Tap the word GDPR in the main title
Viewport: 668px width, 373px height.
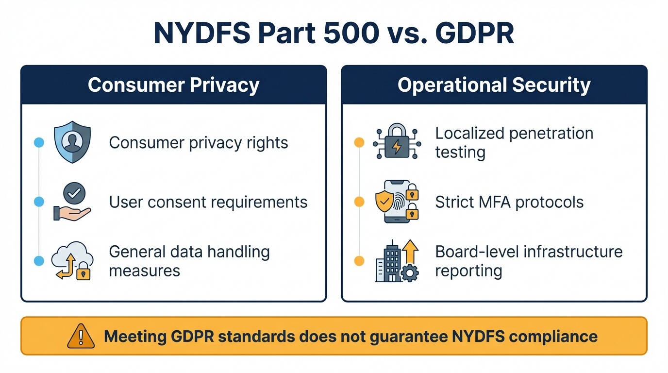coord(474,33)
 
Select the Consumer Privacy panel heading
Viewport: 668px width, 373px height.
coord(173,85)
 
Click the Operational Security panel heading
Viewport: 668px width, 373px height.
coord(494,85)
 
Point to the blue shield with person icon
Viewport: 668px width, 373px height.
coord(72,142)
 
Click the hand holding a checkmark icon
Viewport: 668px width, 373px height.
coord(72,202)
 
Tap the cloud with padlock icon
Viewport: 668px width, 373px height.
coord(72,261)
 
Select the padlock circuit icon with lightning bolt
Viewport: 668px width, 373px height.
coord(397,142)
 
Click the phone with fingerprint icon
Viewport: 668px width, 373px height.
coord(397,202)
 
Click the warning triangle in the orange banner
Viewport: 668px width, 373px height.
coord(81,336)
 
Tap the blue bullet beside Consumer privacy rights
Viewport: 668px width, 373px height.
coord(39,142)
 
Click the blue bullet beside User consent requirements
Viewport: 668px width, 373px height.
coord(39,202)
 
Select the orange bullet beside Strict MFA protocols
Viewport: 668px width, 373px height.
coord(359,202)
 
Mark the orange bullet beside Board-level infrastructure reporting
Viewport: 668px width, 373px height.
coord(359,261)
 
